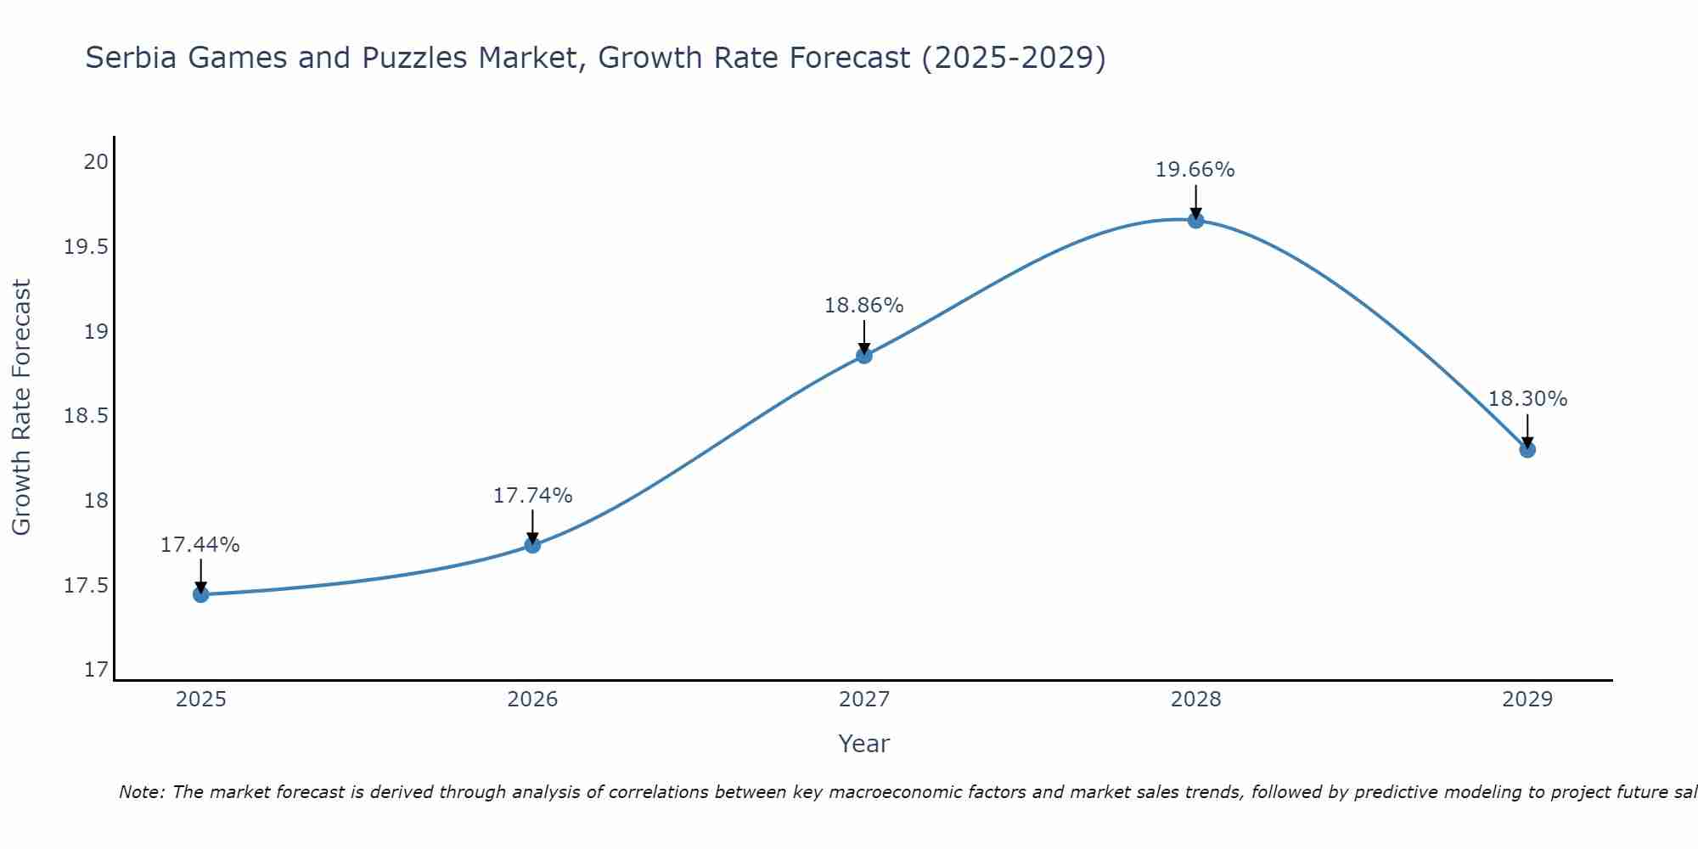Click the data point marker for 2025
[x=200, y=594]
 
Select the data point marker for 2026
[x=532, y=544]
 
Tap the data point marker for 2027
[x=864, y=355]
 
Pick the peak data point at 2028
[x=1195, y=220]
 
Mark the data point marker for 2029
[x=1527, y=449]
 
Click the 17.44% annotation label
[x=200, y=545]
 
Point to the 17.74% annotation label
[x=532, y=496]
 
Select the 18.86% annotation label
[x=864, y=306]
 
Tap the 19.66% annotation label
[x=1195, y=170]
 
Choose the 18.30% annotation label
[x=1527, y=399]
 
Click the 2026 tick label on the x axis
[x=532, y=700]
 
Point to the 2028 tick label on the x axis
[x=1195, y=700]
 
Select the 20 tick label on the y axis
[x=97, y=161]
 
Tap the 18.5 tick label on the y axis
[x=87, y=416]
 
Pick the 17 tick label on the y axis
[x=97, y=670]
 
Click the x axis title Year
[x=863, y=744]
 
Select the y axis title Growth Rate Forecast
[x=21, y=407]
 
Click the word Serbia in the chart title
[x=131, y=58]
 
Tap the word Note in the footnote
[x=140, y=792]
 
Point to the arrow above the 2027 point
[x=864, y=336]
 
